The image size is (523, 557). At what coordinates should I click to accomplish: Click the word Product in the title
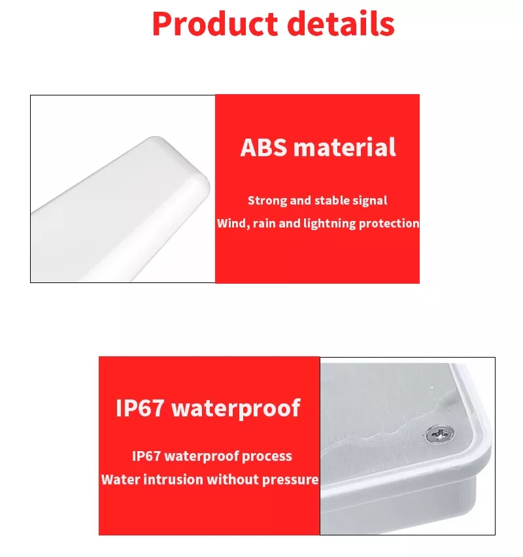click(x=215, y=24)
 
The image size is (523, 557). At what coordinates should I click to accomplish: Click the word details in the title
click(x=341, y=24)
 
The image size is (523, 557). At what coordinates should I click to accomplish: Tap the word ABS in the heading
click(x=263, y=147)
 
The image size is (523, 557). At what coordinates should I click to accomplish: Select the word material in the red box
click(x=345, y=147)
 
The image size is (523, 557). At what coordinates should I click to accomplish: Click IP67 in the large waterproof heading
click(x=140, y=408)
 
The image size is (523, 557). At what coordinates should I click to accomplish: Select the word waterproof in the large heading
click(x=236, y=409)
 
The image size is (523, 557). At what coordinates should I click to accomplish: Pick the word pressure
click(x=290, y=481)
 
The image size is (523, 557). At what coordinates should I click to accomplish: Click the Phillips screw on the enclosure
click(x=440, y=435)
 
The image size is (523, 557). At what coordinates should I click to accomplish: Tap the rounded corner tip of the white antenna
click(x=205, y=178)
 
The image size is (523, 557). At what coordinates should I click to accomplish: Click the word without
click(x=233, y=480)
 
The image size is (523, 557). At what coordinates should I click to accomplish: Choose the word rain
click(x=264, y=224)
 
